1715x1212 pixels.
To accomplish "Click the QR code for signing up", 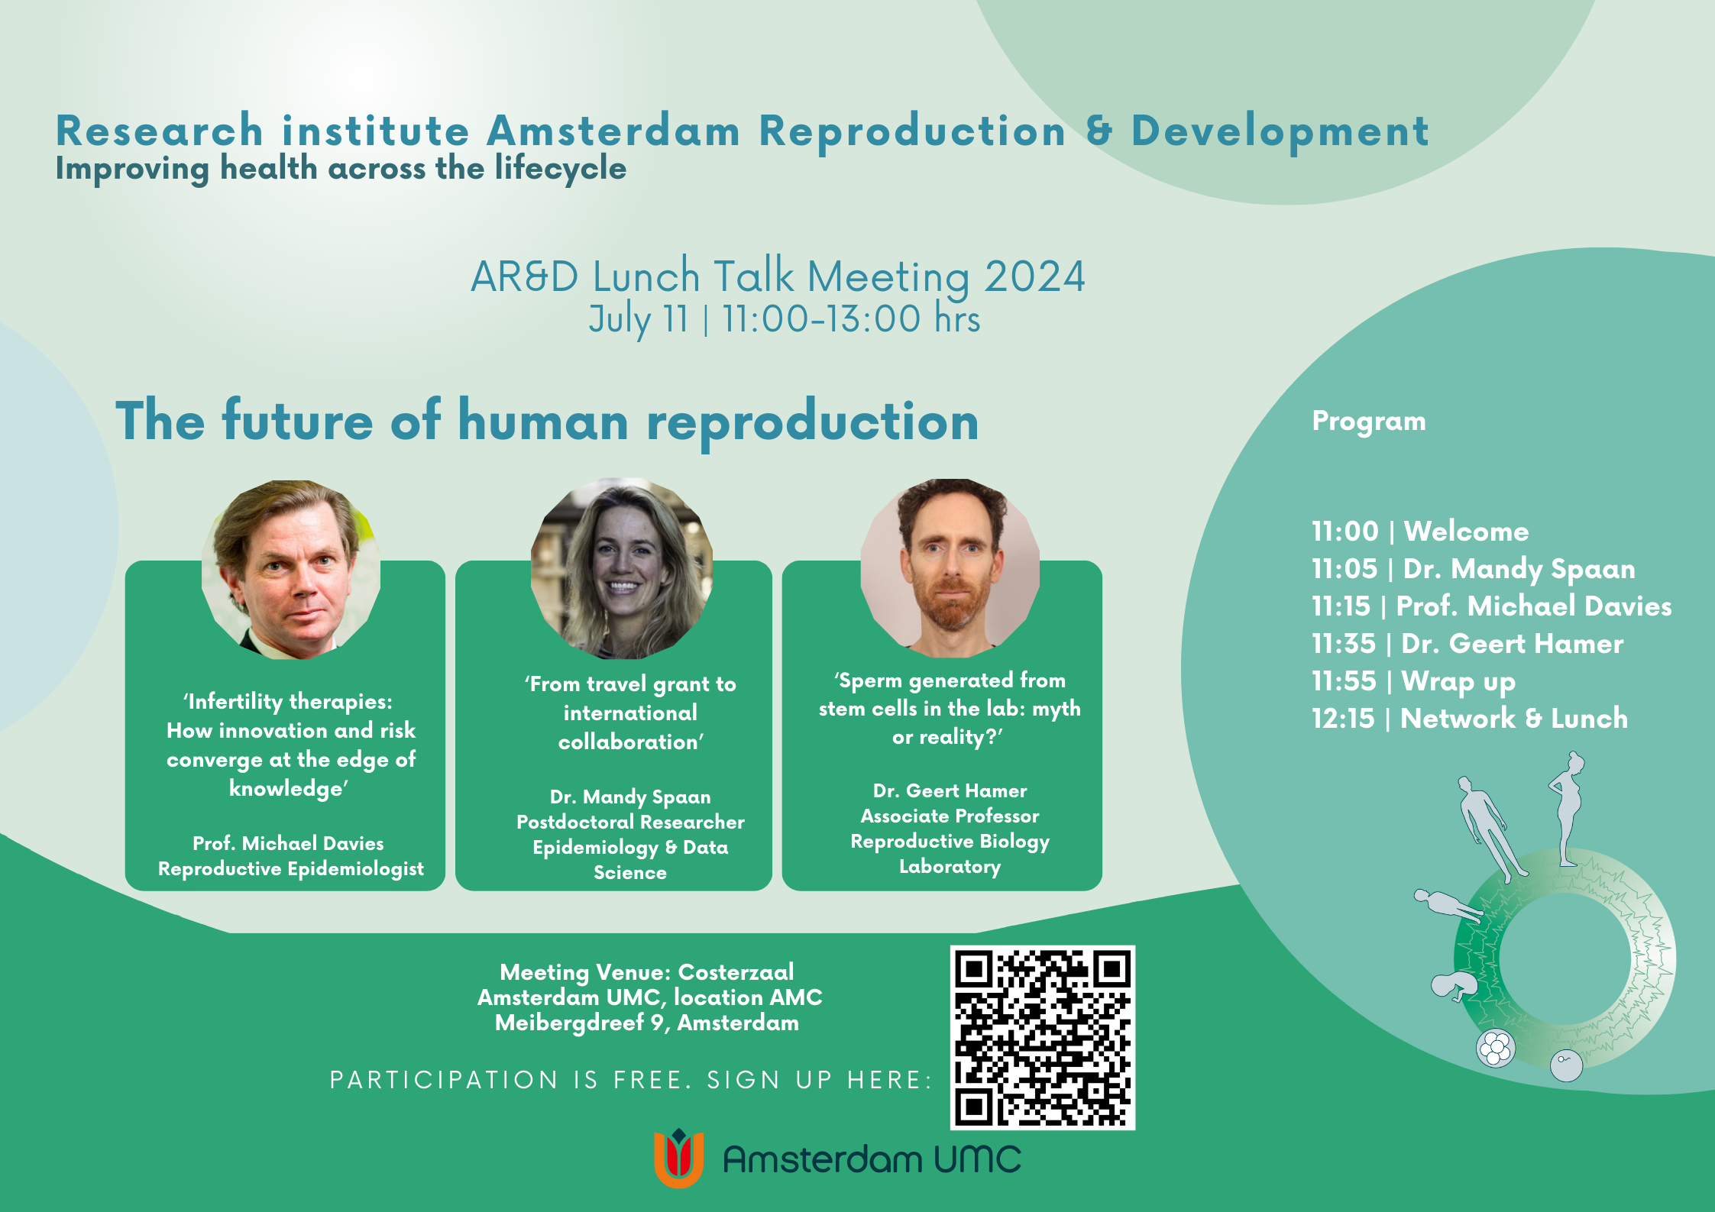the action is (1042, 1037).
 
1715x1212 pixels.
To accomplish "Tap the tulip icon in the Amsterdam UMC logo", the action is (678, 1158).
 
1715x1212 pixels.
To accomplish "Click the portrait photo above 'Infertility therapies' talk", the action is (291, 570).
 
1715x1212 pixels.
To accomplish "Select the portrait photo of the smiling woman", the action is (622, 569).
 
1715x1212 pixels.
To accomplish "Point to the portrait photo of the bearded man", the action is (950, 568).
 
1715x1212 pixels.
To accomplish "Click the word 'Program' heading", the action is (1369, 422).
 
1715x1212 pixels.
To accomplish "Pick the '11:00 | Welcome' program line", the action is (1420, 531).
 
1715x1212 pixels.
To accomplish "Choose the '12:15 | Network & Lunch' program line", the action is (1470, 718).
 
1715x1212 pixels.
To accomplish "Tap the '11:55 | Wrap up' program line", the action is (1413, 681).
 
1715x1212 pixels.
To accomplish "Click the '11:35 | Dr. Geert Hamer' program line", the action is (1467, 643).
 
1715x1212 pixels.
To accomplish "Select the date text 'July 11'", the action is (639, 319).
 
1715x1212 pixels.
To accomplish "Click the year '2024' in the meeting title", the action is (1034, 276).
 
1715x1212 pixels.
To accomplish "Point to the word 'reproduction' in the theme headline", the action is (813, 422).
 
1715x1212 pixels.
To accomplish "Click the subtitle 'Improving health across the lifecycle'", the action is (341, 169).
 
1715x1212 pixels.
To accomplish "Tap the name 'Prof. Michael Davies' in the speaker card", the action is (288, 843).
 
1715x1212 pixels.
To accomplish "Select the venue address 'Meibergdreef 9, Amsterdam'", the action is (647, 1023).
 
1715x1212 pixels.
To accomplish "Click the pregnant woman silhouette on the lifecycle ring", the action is (1568, 810).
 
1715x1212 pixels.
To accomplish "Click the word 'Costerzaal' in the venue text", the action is (736, 972).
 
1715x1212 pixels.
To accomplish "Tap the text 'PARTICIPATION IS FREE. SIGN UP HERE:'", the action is (631, 1080).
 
